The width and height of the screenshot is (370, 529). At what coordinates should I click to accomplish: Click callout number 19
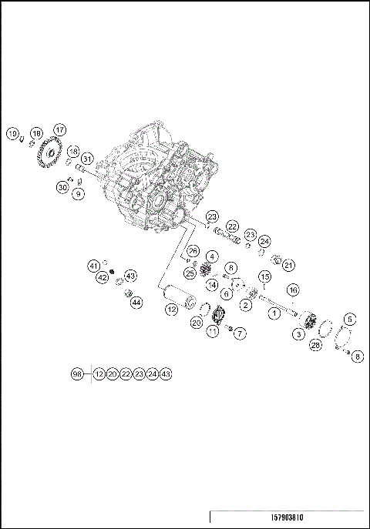coord(13,134)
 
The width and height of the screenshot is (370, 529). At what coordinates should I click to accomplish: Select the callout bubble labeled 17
coord(59,129)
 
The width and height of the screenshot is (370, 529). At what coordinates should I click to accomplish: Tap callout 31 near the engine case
coord(87,159)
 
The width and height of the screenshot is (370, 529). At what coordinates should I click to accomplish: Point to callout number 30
coord(62,187)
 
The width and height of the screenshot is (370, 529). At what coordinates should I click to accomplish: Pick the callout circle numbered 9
coord(78,194)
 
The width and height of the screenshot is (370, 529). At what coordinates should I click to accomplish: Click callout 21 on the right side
coord(289,265)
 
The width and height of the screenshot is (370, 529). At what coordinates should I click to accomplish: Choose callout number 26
coord(193,251)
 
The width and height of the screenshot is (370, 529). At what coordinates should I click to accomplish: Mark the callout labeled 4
coord(212,256)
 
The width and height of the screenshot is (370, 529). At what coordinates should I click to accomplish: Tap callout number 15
coord(264,276)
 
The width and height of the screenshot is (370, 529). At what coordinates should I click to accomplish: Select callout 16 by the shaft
coord(293,290)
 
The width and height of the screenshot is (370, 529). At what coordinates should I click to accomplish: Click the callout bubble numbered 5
coord(349,319)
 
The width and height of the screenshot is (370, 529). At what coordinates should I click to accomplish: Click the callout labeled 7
coord(240,333)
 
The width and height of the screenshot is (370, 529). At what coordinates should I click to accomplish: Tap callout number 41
coord(93,266)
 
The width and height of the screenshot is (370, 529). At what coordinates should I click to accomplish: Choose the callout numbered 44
coord(136,303)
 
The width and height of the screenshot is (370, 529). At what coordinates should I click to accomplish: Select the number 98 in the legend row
coord(76,373)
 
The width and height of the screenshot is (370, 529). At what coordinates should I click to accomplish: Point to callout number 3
coord(298,334)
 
